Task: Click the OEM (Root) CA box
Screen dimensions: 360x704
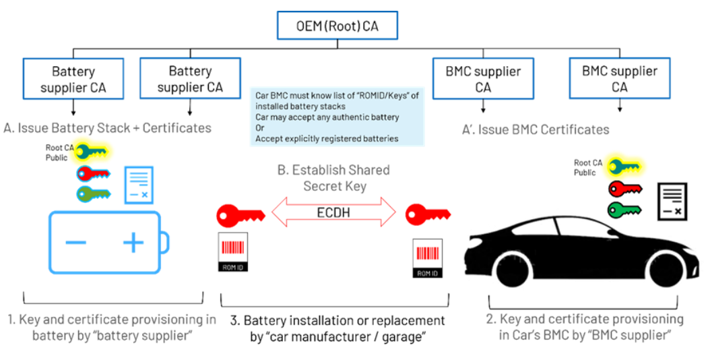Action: point(338,27)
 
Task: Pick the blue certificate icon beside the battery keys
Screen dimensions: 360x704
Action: point(138,185)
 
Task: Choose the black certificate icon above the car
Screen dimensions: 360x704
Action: point(672,201)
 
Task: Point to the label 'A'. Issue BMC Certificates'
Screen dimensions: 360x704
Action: point(536,129)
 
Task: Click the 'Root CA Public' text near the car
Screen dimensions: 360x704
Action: point(587,167)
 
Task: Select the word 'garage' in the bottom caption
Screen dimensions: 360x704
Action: point(399,336)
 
